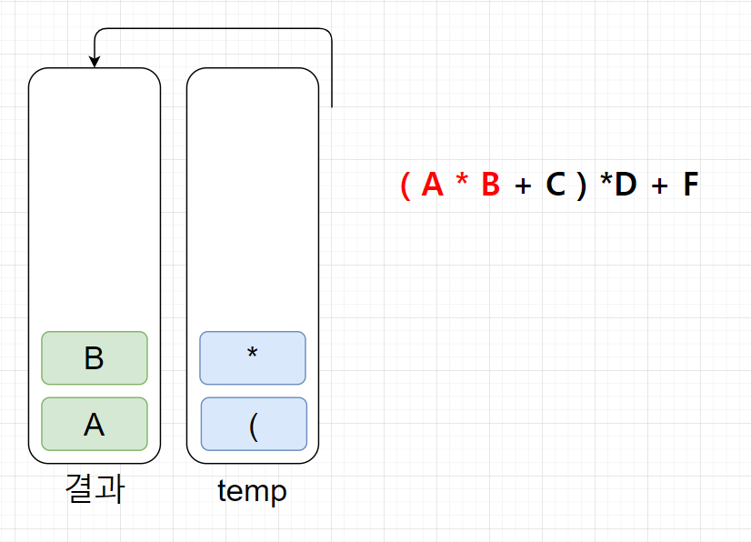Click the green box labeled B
click(95, 358)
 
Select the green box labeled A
click(95, 424)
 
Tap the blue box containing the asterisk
click(253, 358)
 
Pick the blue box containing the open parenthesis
click(254, 424)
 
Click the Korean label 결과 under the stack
click(95, 489)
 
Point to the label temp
click(252, 491)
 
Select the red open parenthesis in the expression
click(405, 186)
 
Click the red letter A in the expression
click(433, 186)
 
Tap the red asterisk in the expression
click(462, 182)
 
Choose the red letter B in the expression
click(491, 186)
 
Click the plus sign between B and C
click(522, 186)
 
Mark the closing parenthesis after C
click(581, 186)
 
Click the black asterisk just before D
click(606, 182)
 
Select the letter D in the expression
click(626, 186)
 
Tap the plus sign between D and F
click(659, 186)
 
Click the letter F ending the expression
click(691, 186)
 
